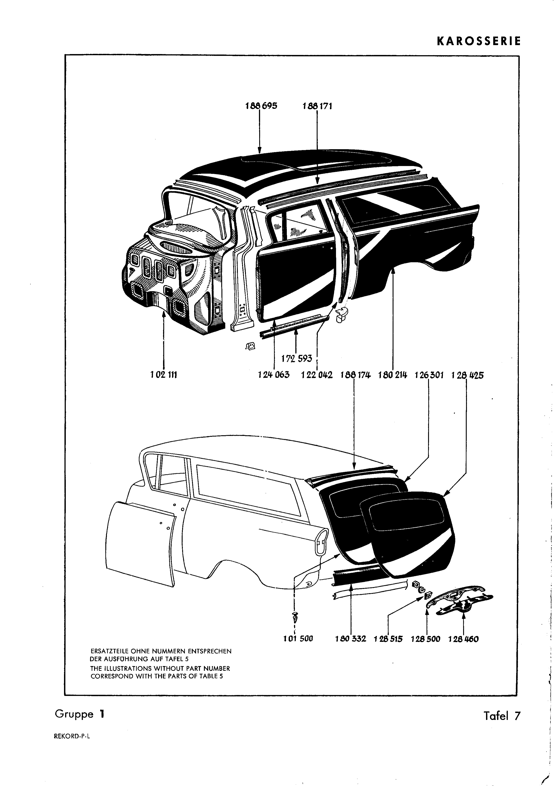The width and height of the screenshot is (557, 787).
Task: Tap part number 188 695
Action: click(x=261, y=106)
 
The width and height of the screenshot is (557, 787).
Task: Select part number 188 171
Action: click(x=317, y=106)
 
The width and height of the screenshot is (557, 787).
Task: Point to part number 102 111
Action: click(x=163, y=375)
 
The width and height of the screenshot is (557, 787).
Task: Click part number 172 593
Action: click(x=296, y=359)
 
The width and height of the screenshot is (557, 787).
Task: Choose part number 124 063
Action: click(x=274, y=375)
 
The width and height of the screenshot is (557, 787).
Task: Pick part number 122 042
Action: click(x=317, y=375)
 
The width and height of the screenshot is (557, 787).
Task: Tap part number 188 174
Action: click(x=356, y=375)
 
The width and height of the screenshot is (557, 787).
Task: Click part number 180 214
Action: click(x=393, y=375)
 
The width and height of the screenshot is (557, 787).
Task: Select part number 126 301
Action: click(x=429, y=375)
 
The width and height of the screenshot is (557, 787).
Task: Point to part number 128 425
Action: click(x=467, y=375)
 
